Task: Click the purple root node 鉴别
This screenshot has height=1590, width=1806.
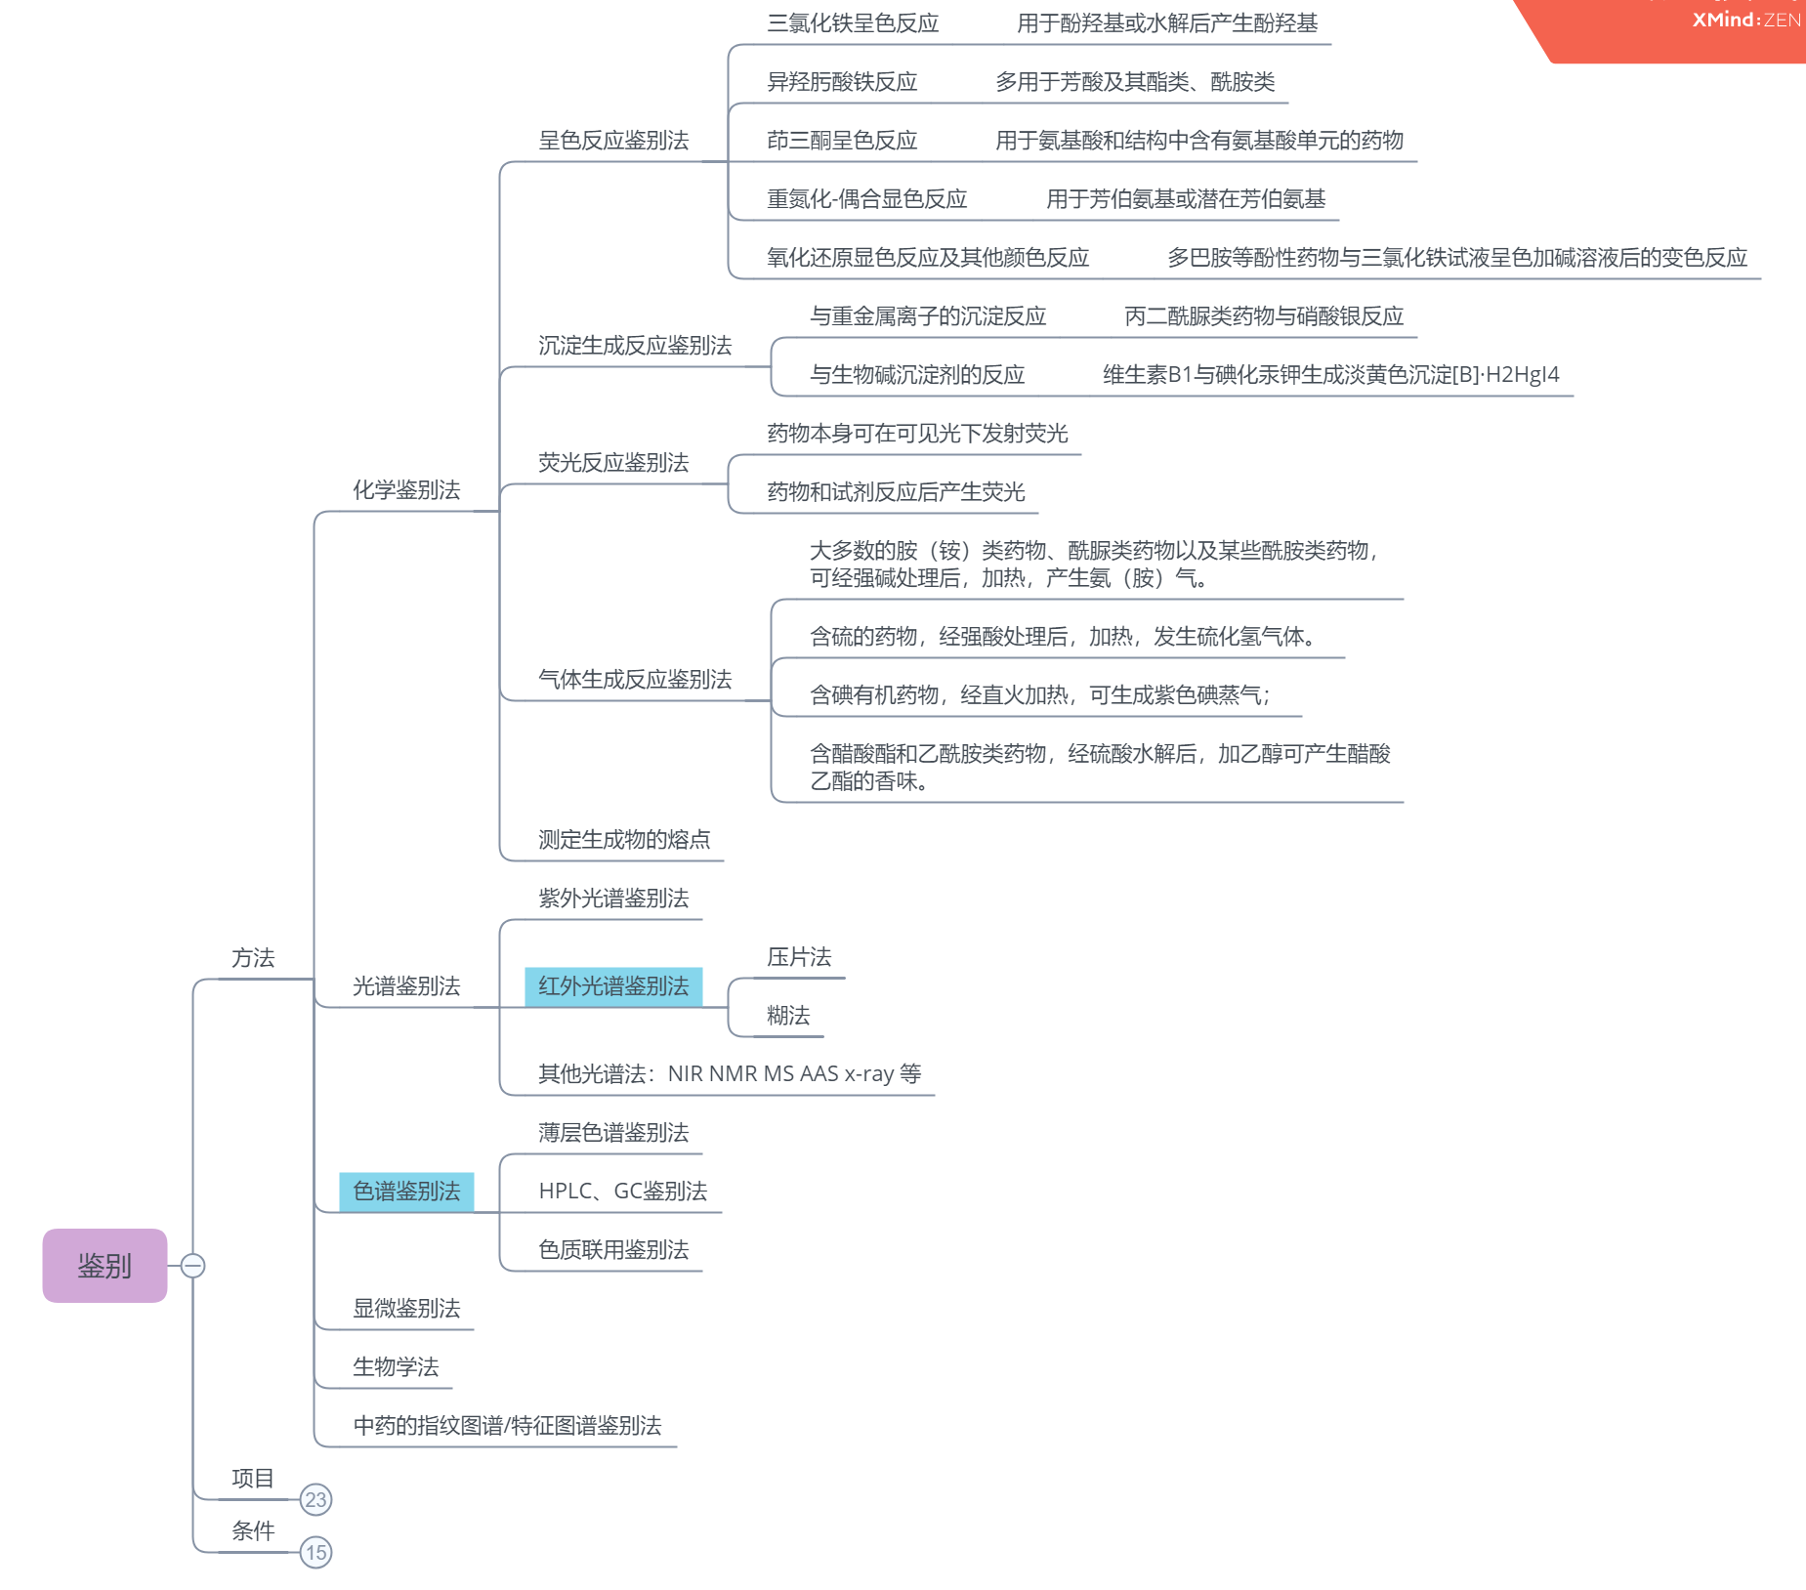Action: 105,1266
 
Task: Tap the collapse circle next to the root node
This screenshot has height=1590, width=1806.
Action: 193,1266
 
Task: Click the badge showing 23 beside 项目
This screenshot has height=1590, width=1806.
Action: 315,1499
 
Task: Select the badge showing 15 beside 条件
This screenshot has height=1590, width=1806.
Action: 315,1552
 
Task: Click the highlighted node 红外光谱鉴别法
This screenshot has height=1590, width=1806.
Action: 613,986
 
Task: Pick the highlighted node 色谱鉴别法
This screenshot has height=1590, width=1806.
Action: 406,1192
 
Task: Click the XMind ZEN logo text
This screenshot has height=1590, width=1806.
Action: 1745,20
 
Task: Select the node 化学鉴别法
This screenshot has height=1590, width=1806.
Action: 406,490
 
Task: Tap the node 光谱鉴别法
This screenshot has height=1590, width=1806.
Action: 406,986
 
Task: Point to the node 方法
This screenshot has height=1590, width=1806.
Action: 253,958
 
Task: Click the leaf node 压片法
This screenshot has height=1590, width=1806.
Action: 799,957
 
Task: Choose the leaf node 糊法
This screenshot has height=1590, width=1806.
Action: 788,1016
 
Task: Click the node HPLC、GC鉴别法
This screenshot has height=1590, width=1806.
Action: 623,1192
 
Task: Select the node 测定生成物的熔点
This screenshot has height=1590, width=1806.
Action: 624,840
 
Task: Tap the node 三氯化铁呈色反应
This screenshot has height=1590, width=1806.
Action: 853,23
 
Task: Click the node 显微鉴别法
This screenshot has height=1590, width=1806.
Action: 406,1309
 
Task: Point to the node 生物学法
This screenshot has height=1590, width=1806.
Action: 396,1367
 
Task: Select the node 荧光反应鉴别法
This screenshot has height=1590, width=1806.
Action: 613,463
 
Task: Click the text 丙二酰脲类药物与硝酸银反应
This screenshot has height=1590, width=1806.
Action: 1264,316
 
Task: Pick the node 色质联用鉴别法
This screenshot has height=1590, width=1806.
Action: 613,1250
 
